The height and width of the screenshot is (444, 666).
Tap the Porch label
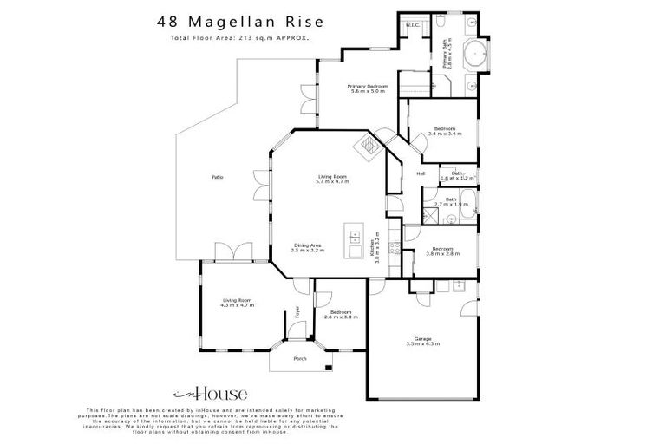[x=300, y=358]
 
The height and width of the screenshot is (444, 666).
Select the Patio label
[x=218, y=177]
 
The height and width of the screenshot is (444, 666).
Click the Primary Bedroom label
[x=367, y=87]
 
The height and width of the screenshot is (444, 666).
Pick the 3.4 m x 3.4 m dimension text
[x=446, y=134]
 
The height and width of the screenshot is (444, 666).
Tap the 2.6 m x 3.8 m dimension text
[x=341, y=317]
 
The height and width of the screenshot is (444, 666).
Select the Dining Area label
[x=308, y=245]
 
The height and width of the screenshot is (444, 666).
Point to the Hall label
[x=421, y=173]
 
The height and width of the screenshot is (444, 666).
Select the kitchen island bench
[x=353, y=240]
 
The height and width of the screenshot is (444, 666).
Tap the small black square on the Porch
[x=328, y=369]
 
